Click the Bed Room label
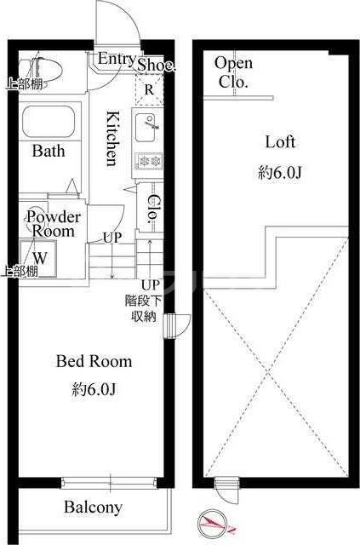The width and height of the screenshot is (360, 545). pyautogui.click(x=94, y=361)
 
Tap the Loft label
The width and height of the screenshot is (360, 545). pyautogui.click(x=280, y=142)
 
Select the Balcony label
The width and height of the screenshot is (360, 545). pyautogui.click(x=93, y=508)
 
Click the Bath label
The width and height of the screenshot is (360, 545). pyautogui.click(x=49, y=151)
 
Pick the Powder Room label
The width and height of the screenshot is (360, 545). pyautogui.click(x=54, y=224)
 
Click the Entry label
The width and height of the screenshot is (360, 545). pyautogui.click(x=117, y=59)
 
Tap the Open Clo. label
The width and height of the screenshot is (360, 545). pyautogui.click(x=233, y=72)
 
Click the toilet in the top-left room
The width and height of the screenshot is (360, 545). pyautogui.click(x=39, y=69)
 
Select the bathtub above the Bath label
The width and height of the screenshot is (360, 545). pyautogui.click(x=49, y=122)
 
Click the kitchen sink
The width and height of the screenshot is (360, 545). pyautogui.click(x=146, y=127)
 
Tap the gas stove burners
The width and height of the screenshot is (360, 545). pyautogui.click(x=149, y=161)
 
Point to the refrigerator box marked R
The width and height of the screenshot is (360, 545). pyautogui.click(x=149, y=89)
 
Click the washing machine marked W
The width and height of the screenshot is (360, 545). pyautogui.click(x=38, y=258)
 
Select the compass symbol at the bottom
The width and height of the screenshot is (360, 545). pyautogui.click(x=212, y=522)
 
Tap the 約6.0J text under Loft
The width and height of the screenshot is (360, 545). pyautogui.click(x=279, y=173)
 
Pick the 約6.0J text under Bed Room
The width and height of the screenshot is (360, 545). pyautogui.click(x=94, y=389)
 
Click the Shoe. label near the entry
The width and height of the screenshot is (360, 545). pyautogui.click(x=156, y=65)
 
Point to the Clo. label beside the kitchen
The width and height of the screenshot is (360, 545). pyautogui.click(x=153, y=209)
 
